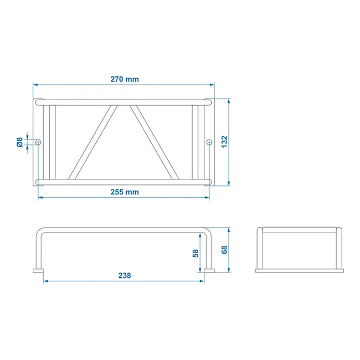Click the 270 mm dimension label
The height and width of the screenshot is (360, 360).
[124, 79]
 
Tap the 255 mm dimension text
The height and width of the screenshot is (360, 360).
[124, 192]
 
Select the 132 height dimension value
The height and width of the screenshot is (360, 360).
[224, 142]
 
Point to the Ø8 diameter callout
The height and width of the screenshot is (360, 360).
[20, 142]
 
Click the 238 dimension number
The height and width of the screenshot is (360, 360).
[124, 275]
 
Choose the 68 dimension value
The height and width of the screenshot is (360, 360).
[224, 249]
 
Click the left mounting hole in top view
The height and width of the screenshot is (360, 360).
[38, 142]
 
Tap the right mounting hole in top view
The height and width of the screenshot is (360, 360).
[209, 142]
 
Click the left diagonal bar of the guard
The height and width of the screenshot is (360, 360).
[93, 142]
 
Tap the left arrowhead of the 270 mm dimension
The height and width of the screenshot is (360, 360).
[35, 85]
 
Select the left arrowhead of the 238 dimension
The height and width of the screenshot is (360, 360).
[45, 281]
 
